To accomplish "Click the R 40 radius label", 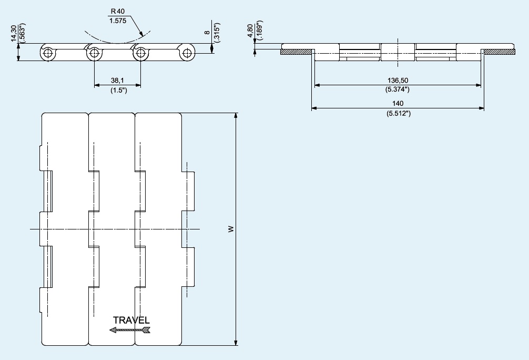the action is (x=117, y=11).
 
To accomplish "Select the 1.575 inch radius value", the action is (x=118, y=21).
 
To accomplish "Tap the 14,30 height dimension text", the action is (x=14, y=34).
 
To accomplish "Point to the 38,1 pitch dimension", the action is (x=117, y=81).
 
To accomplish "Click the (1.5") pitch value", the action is (x=119, y=91).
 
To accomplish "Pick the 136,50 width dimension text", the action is (x=398, y=81).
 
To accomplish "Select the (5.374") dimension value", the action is (x=398, y=89).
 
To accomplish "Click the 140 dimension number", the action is (x=398, y=103).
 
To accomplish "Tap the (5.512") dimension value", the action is (x=399, y=113).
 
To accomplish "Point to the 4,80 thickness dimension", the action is (x=250, y=31).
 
